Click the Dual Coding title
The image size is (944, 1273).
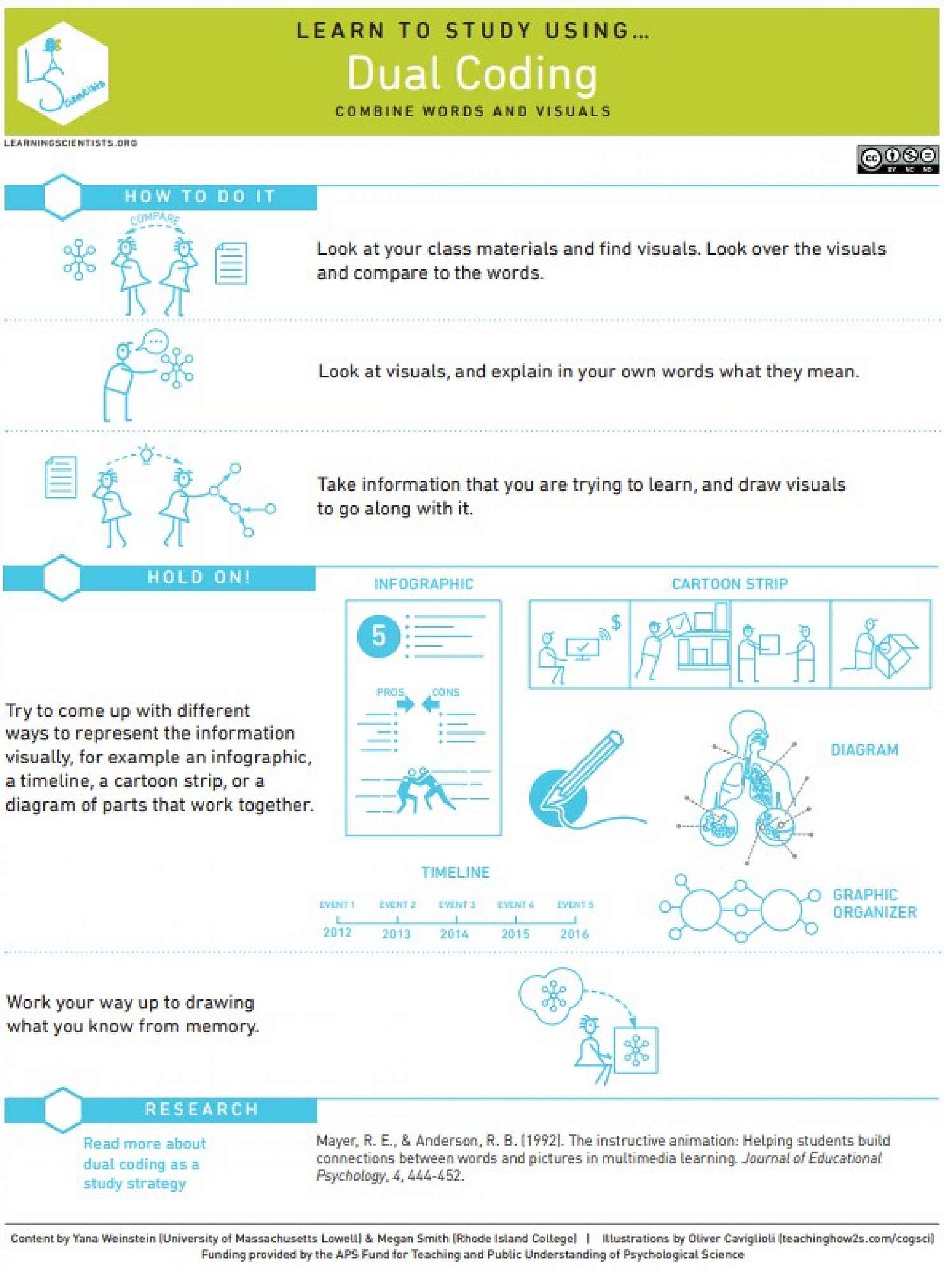tap(472, 74)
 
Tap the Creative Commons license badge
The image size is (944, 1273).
tap(898, 159)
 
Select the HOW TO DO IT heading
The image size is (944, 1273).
tap(200, 196)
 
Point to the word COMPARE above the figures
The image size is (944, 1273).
tap(155, 219)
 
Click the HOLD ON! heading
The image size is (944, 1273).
tap(199, 577)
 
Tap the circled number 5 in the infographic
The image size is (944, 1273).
tap(378, 635)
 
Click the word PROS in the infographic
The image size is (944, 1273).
tap(390, 692)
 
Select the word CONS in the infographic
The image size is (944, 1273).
tap(445, 692)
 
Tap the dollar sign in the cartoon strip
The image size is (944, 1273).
tap(616, 622)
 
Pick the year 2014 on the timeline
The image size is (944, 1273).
tap(454, 934)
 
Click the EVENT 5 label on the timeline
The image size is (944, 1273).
tap(575, 904)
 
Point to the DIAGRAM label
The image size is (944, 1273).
tap(864, 750)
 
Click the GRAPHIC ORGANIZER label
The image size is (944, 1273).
tap(875, 903)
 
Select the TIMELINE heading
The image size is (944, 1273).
tap(455, 873)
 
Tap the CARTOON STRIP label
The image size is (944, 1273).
tap(730, 584)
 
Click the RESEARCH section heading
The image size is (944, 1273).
tap(201, 1109)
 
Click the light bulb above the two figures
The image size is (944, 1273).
tap(147, 453)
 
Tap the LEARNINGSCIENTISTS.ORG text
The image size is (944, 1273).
tap(71, 143)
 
